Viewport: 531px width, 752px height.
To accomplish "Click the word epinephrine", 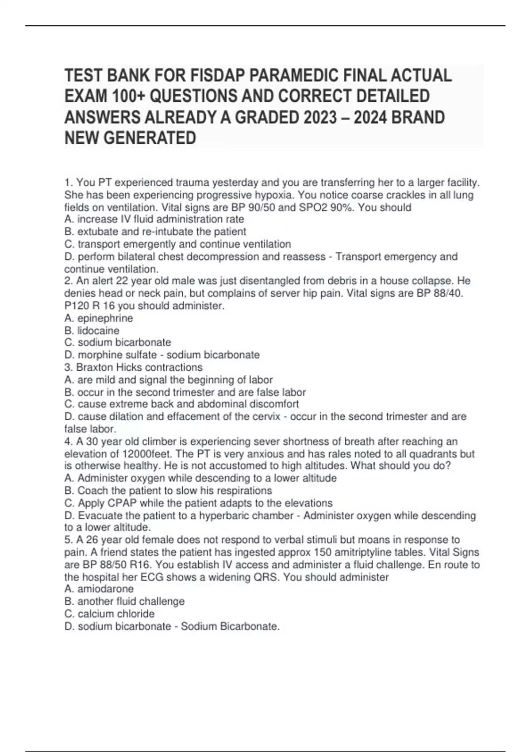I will click(x=105, y=318).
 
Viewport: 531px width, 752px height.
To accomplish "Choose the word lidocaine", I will click(x=98, y=331).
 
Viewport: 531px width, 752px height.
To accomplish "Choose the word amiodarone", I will click(x=105, y=589).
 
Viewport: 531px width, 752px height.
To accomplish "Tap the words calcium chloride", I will click(x=116, y=614).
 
